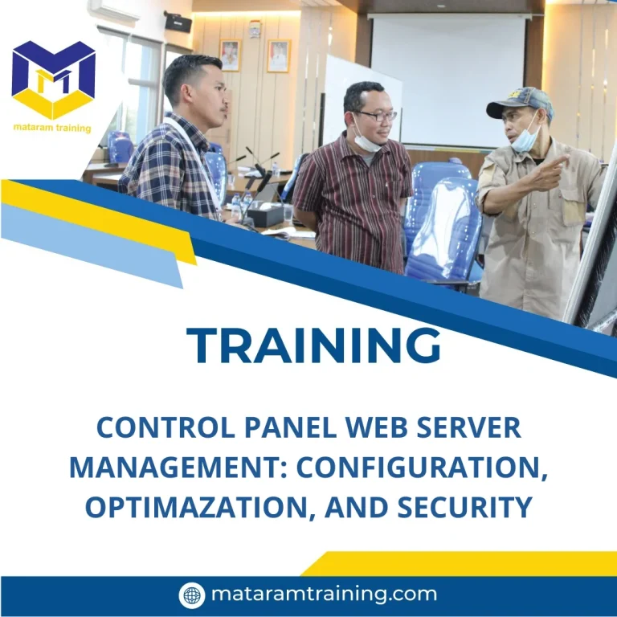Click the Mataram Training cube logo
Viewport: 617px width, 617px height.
[54, 80]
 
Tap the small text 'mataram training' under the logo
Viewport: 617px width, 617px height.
[52, 128]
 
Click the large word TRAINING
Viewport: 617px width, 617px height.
[314, 345]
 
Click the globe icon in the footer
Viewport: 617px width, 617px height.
[191, 595]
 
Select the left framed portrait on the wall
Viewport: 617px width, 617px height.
[230, 55]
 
